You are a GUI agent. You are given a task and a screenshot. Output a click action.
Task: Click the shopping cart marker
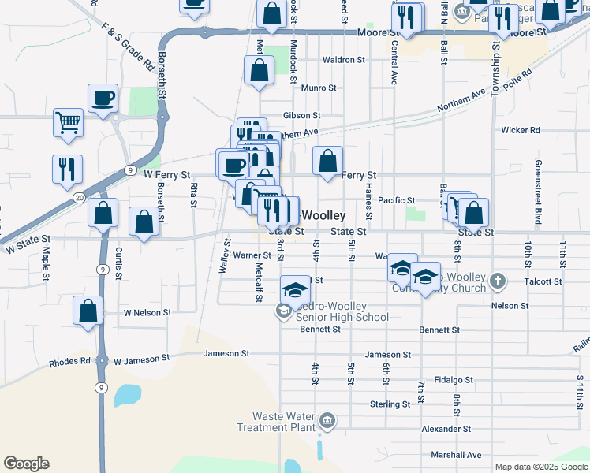point(69,121)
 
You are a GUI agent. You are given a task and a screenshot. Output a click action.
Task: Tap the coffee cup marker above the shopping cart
point(103,98)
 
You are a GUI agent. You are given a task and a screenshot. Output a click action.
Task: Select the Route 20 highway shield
point(79,197)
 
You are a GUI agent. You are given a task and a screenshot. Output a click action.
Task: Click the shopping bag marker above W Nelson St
point(88,310)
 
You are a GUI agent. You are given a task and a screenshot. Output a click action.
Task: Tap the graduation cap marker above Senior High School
point(296,289)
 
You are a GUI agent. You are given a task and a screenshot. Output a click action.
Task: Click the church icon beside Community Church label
point(497,280)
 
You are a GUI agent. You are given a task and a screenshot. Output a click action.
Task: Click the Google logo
point(26,464)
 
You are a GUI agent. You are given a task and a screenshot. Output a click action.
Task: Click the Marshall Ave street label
point(456,455)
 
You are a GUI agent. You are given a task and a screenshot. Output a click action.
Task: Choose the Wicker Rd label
point(520,130)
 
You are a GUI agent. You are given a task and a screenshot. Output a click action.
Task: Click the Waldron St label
point(344,59)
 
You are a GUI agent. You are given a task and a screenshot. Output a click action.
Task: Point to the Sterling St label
point(390,404)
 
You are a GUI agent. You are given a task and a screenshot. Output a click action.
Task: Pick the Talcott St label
point(546,281)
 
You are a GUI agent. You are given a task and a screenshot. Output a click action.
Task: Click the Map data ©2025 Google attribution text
point(541,467)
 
